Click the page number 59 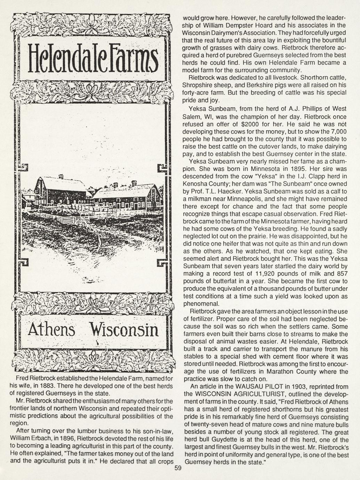178,469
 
